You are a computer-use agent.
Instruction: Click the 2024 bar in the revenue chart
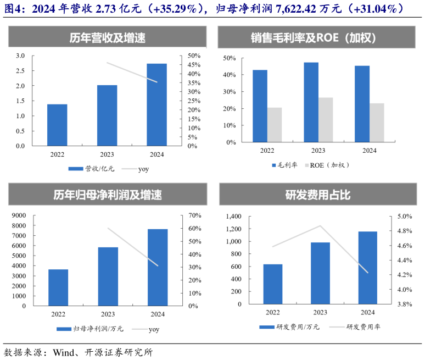click(x=156, y=105)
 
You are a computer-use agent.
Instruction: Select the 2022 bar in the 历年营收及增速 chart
click(x=57, y=125)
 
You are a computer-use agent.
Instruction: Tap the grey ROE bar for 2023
click(x=326, y=120)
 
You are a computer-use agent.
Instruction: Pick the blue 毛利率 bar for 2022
click(x=260, y=106)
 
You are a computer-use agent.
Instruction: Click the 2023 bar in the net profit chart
click(x=108, y=276)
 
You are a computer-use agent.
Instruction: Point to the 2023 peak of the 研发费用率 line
click(x=320, y=226)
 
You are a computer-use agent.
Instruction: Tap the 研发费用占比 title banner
click(x=318, y=195)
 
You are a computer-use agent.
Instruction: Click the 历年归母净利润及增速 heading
click(x=108, y=195)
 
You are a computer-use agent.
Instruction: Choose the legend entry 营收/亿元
click(x=99, y=169)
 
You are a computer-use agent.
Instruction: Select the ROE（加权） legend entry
click(x=329, y=165)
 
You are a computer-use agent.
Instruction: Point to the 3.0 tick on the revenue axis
click(x=20, y=56)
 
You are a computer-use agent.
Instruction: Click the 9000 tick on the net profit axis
click(x=18, y=215)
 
